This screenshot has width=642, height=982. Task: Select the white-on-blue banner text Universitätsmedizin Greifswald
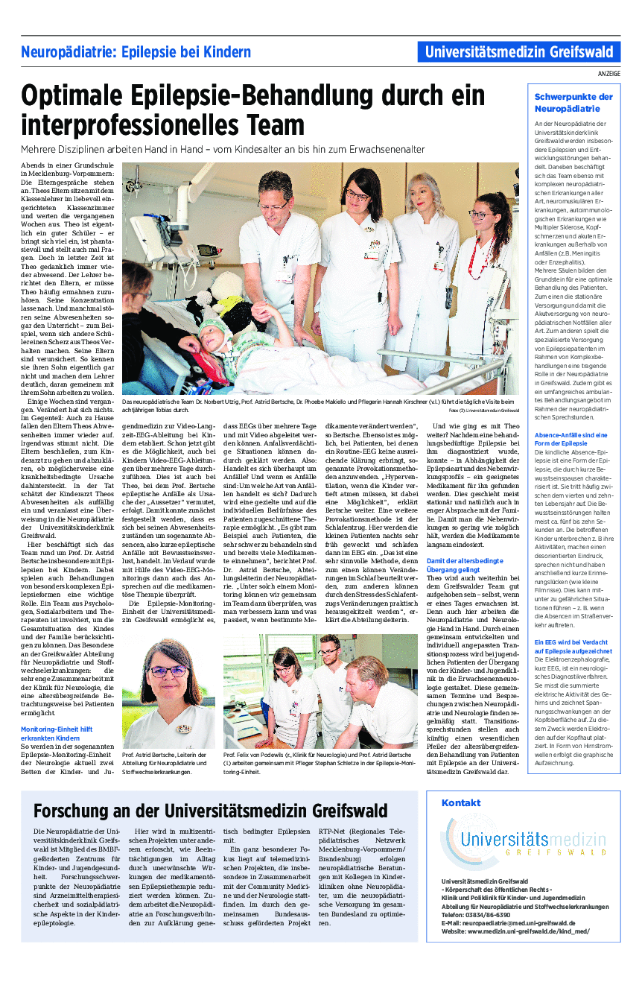519,52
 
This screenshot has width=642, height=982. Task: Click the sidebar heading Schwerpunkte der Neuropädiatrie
573,102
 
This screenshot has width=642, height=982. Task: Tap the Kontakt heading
460,802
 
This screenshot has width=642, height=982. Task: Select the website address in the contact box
515,931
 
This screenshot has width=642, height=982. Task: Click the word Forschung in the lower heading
74,811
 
